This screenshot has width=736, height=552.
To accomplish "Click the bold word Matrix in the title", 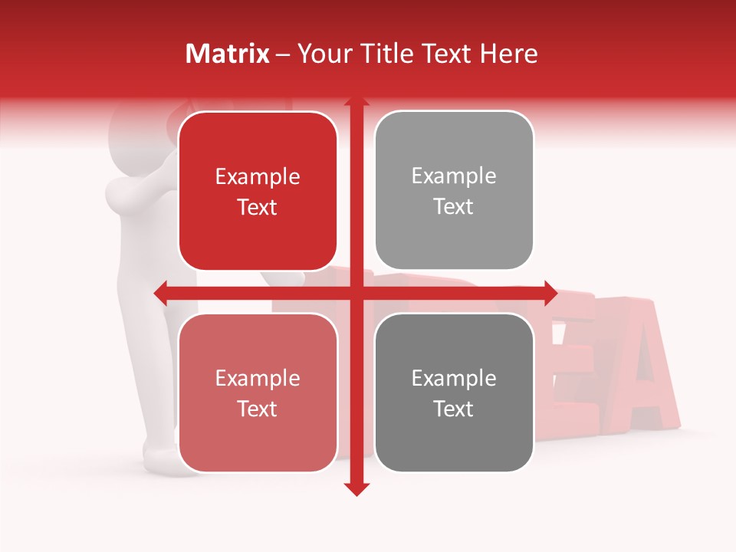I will pyautogui.click(x=228, y=54).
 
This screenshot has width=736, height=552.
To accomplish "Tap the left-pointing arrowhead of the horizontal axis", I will pyautogui.click(x=161, y=292).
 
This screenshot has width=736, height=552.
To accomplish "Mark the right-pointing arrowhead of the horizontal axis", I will pyautogui.click(x=550, y=292).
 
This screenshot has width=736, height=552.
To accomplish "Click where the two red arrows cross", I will pyautogui.click(x=356, y=292).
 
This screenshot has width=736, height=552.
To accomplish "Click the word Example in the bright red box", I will pyautogui.click(x=258, y=177).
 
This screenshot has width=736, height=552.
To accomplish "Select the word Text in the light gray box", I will pyautogui.click(x=454, y=206).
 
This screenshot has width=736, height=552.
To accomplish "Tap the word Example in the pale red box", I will pyautogui.click(x=258, y=379).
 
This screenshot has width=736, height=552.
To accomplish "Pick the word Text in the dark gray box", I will pyautogui.click(x=454, y=409).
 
